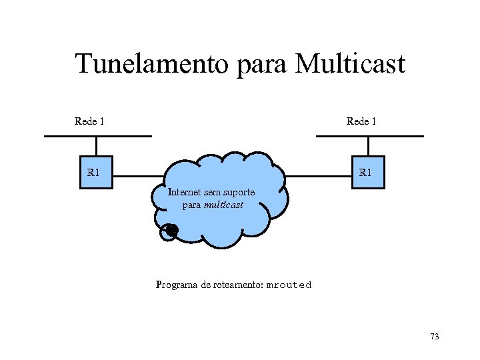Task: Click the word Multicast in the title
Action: click(349, 65)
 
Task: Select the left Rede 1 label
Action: click(89, 121)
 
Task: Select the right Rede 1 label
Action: click(361, 121)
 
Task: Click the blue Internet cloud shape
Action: click(220, 220)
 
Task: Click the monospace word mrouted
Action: click(289, 285)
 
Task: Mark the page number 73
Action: click(435, 337)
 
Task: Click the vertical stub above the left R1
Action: click(96, 147)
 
